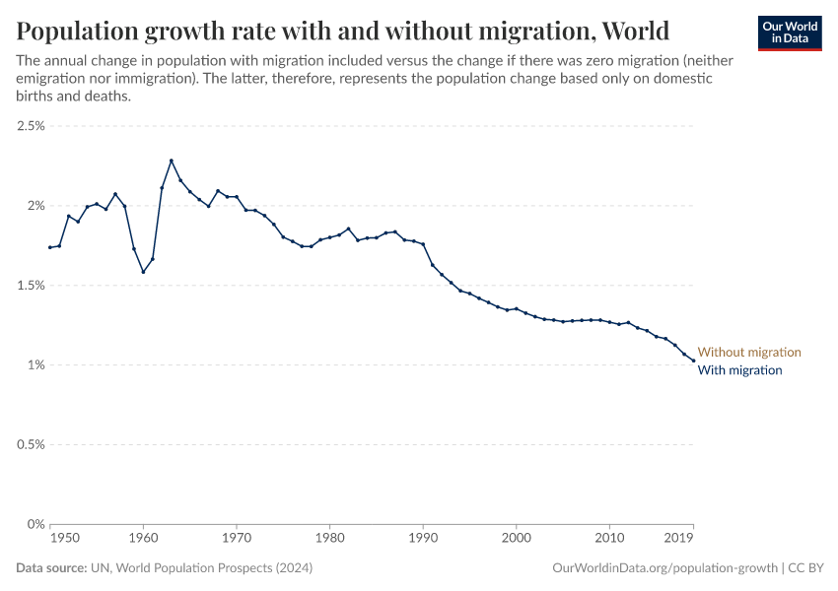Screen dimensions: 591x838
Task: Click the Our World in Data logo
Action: [789, 33]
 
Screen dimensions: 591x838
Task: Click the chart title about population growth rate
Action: [343, 31]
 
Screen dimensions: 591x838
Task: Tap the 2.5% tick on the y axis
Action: [31, 126]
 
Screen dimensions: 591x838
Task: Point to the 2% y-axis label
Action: [35, 206]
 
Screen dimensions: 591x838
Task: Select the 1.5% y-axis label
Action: [31, 286]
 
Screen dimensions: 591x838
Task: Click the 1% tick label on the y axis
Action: [35, 365]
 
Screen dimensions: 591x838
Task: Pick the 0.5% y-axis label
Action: [31, 445]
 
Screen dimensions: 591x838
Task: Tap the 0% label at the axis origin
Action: [35, 524]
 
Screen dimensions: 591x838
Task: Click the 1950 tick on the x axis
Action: [65, 539]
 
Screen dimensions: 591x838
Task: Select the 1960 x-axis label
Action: [143, 539]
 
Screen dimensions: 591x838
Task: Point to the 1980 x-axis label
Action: [329, 539]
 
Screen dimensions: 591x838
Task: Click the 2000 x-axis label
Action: [516, 539]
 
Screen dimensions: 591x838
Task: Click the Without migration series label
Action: [749, 352]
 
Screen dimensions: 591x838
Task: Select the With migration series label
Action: [739, 370]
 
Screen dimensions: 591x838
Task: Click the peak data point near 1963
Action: [172, 161]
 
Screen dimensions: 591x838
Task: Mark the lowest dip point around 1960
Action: [143, 272]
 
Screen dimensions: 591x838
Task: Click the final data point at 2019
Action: [693, 361]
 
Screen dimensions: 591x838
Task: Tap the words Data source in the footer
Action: [51, 568]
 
